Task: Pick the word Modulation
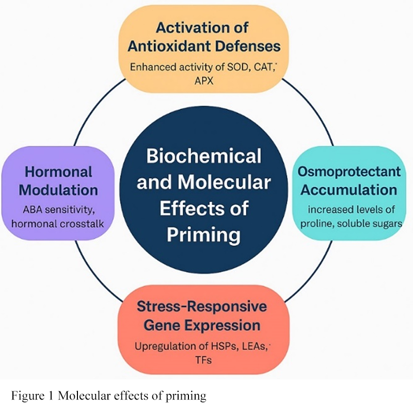[x=58, y=190]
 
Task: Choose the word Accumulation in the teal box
[x=349, y=189]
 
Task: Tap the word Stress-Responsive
[x=202, y=307]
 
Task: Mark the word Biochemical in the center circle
[x=204, y=156]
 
